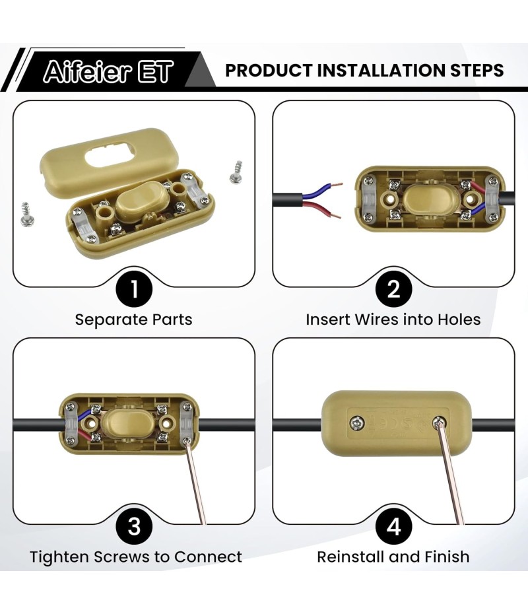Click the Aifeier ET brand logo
[108, 71]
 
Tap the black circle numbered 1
[134, 289]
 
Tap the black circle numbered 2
[393, 289]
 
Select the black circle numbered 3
[134, 526]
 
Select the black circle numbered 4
[393, 526]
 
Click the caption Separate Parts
[134, 320]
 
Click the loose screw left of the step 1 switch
[27, 214]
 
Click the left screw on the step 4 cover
[357, 423]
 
